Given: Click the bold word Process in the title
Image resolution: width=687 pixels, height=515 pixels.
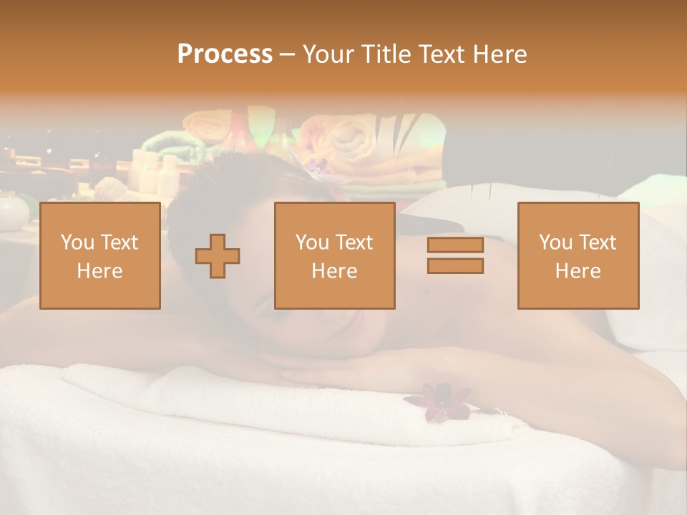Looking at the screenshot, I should [225, 54].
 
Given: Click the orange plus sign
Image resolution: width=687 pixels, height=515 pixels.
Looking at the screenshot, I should [218, 256].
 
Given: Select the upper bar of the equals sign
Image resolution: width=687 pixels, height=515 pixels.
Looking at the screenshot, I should [455, 245].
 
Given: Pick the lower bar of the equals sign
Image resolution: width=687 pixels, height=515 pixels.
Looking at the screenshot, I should [455, 266].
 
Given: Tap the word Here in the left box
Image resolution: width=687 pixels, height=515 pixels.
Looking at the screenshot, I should [99, 271].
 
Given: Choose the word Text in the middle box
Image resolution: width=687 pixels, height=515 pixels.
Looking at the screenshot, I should [354, 242].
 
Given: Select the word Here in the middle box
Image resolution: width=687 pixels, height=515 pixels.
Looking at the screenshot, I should [334, 271].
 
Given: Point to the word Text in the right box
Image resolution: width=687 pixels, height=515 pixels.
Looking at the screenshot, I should [597, 242].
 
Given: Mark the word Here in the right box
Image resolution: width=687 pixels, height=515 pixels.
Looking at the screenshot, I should [578, 271].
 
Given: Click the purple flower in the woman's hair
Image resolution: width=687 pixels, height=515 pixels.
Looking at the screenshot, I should [316, 170].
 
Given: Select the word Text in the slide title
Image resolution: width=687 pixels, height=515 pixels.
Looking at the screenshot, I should [437, 54].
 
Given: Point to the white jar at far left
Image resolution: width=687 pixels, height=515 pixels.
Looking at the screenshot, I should [12, 212].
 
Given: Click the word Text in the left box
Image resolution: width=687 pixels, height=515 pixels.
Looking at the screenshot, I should [119, 242].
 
